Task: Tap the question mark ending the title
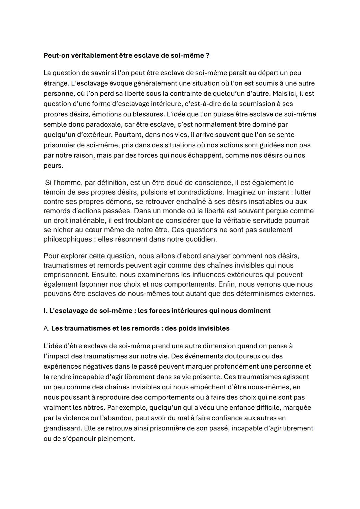208,55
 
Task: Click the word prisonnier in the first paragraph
60,145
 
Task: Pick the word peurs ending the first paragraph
53,166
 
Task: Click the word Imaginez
241,192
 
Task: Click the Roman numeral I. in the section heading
45,311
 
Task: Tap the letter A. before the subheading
46,328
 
